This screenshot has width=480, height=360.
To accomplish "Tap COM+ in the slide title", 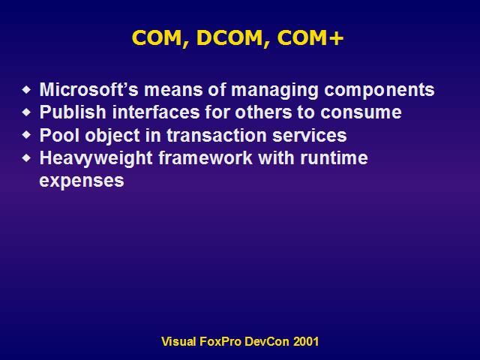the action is click(x=310, y=38).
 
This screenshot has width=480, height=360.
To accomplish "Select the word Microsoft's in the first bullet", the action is click(x=88, y=90).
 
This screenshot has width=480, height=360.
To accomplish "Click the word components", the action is click(x=379, y=91).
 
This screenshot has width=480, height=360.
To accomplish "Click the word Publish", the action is click(x=73, y=112).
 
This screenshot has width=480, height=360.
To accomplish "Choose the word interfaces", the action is click(x=156, y=112).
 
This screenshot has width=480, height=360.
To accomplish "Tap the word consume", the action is click(x=361, y=113).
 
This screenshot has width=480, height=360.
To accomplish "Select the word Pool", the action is click(x=59, y=135).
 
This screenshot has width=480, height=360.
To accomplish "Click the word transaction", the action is click(x=217, y=136).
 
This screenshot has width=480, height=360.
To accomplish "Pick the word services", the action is click(x=310, y=136).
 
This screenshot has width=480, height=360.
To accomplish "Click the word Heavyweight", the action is click(x=96, y=158).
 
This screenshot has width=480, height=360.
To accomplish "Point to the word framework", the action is click(x=205, y=158).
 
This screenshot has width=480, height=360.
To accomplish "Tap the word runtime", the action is click(x=334, y=158).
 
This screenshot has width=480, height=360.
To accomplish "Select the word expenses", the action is click(x=82, y=181).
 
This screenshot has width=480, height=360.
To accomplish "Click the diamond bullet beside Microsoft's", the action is click(x=27, y=90).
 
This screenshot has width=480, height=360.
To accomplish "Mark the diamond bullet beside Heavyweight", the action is click(x=27, y=158).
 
